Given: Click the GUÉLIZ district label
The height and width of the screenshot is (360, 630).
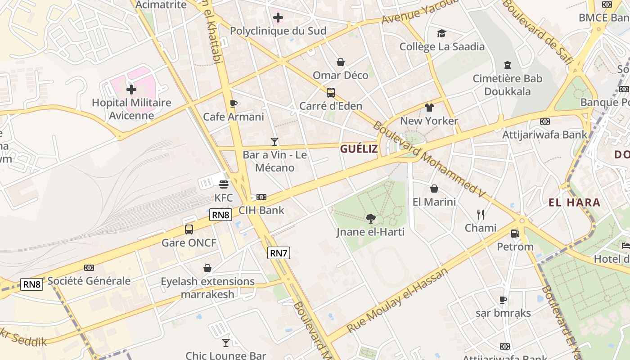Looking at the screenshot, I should pos(359,149).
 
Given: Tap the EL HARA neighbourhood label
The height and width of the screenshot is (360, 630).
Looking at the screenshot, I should pos(574,202).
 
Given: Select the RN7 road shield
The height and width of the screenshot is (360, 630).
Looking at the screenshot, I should pos(279,253).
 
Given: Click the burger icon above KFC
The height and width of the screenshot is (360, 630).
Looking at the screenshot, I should pos(224,184).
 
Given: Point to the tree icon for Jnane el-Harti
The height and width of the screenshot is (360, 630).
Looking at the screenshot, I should pos(371,219).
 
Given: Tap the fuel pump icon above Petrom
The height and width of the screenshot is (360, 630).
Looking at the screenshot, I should pos(515,233).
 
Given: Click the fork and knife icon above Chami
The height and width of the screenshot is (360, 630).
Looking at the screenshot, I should pos(481,214).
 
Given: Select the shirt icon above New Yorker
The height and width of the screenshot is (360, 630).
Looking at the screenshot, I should pos(429,108).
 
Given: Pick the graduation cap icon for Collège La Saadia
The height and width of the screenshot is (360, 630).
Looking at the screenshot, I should pos(441,33).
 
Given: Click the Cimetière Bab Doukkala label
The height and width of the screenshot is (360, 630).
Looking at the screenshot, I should pos(508,85).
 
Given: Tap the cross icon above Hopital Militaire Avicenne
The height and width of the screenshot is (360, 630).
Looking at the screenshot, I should pos(131,89).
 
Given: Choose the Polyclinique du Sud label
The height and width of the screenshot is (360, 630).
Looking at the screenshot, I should pos(278,31).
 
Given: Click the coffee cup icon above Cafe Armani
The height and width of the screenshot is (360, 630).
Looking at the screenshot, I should pos(233,104).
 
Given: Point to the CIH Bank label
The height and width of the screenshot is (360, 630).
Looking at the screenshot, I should pos(261,210).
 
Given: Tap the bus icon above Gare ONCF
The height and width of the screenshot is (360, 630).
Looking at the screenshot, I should pos(189,229).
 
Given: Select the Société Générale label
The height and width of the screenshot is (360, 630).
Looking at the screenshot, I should pos(89,281).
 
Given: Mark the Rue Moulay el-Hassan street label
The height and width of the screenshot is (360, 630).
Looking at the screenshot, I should pos(398,300).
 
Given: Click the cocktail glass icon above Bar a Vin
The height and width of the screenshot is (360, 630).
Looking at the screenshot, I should pos(274,142).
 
